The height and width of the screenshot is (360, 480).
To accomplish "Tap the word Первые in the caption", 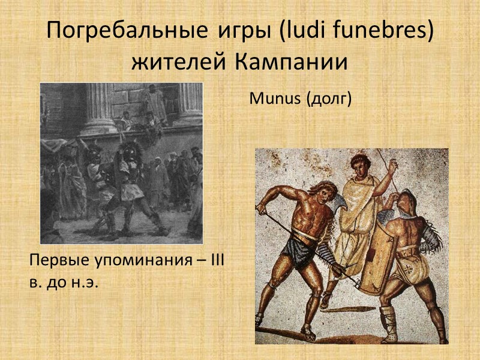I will (x=57, y=261).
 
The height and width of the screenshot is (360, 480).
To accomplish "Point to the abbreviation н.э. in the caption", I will (x=85, y=281).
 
